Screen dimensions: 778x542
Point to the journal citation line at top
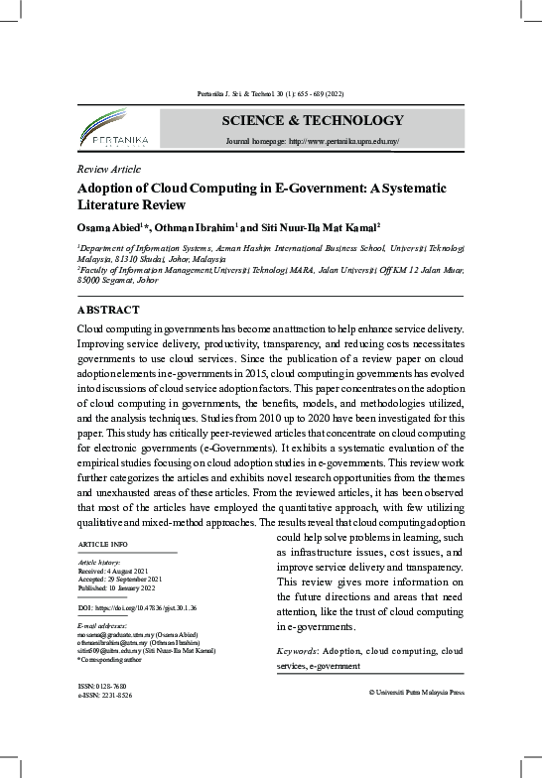(x=270, y=95)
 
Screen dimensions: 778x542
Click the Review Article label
(x=108, y=169)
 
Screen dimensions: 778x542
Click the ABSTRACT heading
(x=108, y=310)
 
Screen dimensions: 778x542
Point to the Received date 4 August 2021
(x=112, y=572)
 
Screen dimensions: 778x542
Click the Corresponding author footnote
(x=111, y=658)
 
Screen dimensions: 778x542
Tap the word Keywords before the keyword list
(x=301, y=652)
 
